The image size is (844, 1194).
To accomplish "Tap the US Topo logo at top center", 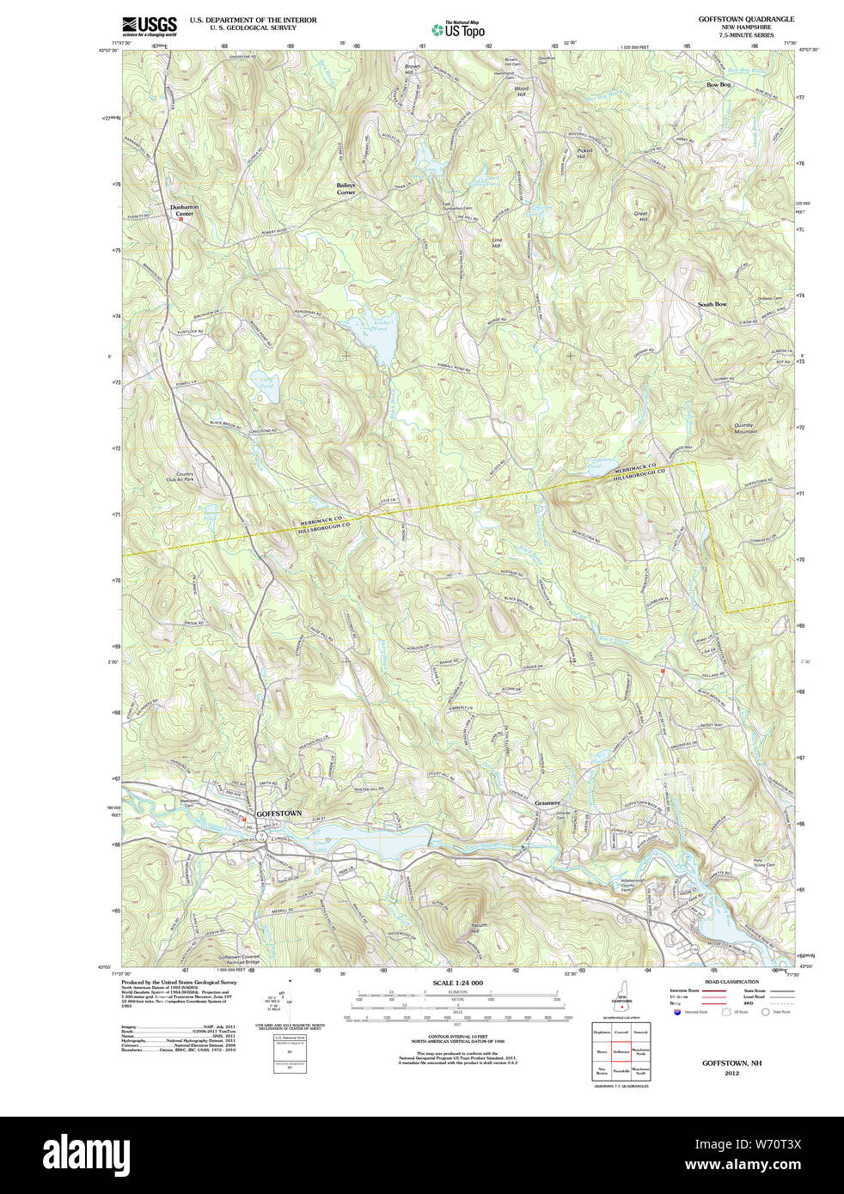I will point(459,30).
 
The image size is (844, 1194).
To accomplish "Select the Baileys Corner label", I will point(346,189).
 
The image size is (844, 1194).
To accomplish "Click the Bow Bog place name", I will point(718,85).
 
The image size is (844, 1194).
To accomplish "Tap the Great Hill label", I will point(641,216).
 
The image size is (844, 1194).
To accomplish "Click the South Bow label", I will point(712,304).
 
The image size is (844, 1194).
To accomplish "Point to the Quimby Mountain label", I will point(744,428).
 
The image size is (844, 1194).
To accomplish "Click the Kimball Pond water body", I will point(376,340).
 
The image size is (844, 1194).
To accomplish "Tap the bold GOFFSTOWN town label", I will point(279,813).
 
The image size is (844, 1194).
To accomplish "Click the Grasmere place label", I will point(547,803).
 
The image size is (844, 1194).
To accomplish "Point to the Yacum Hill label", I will point(480,929).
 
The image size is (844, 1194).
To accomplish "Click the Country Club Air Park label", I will point(185,477).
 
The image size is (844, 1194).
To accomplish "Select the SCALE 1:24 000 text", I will point(457,983).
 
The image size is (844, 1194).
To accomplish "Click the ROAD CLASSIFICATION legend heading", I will point(731,982).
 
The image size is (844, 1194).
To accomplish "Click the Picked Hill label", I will point(584,154).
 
